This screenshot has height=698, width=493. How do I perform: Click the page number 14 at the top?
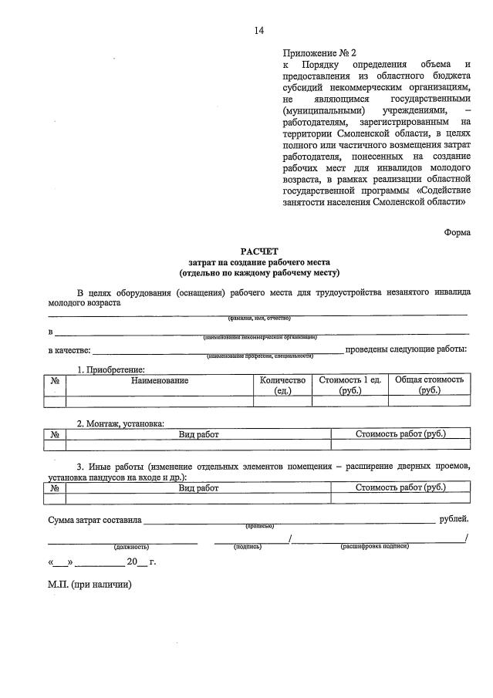[x=258, y=31]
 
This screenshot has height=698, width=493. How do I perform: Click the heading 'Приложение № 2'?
[x=319, y=53]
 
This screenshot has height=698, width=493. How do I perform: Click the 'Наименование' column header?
[x=159, y=380]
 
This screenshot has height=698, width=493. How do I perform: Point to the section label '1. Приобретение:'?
[x=110, y=369]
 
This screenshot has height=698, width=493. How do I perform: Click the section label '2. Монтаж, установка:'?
[x=120, y=423]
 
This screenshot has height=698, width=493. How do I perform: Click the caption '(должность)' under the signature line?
[x=131, y=546]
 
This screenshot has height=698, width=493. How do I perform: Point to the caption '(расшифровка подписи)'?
[x=374, y=546]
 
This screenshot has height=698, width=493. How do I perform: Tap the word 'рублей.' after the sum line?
[x=453, y=520]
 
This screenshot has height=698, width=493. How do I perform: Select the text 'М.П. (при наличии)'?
[x=89, y=585]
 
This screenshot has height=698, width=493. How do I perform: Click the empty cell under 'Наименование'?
[x=159, y=401]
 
